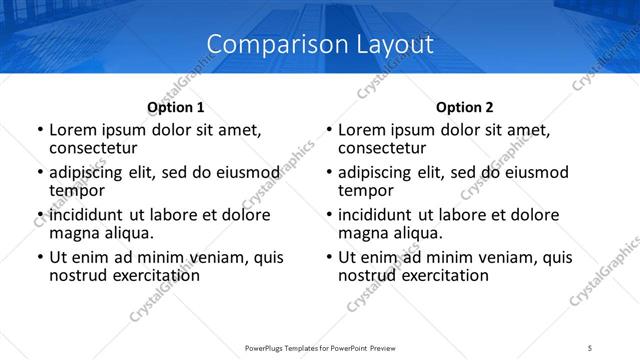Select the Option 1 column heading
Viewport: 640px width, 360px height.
(176, 107)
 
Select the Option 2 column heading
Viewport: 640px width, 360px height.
(465, 107)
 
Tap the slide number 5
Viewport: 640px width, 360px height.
(591, 347)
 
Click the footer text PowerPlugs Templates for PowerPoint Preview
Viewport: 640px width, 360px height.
(319, 347)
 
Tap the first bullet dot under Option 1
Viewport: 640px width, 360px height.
(40, 130)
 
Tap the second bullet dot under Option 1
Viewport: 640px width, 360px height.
(40, 173)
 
